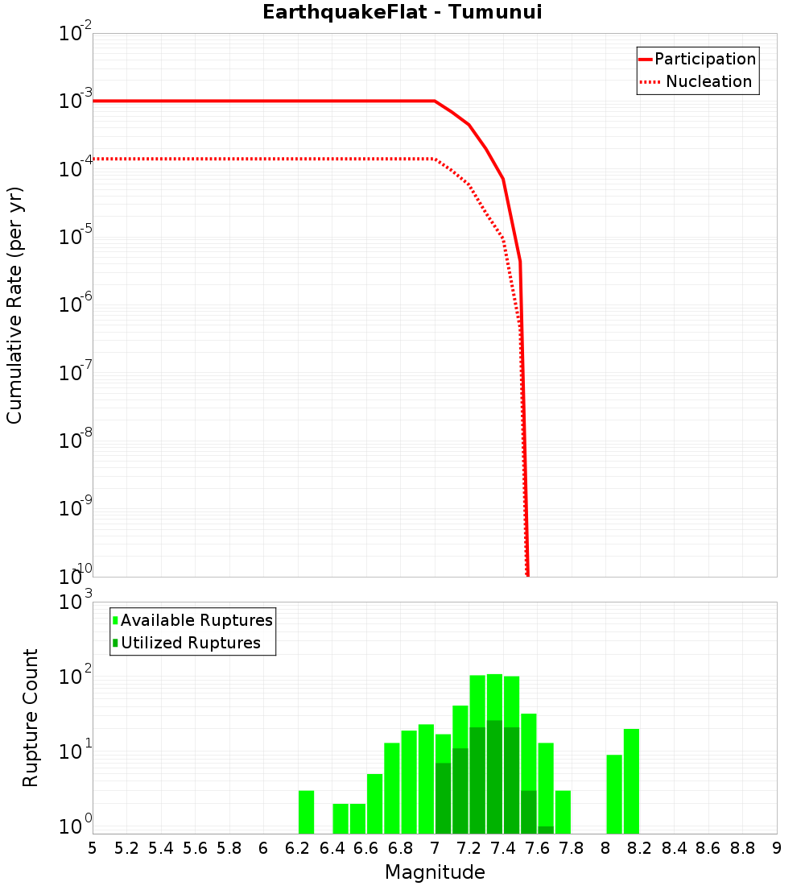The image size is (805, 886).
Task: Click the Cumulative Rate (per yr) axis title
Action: click(x=14, y=305)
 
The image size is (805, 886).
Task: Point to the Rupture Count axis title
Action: click(x=31, y=718)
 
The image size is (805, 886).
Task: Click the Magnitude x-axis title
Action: click(x=435, y=872)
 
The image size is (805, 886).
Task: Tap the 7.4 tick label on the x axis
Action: click(x=503, y=848)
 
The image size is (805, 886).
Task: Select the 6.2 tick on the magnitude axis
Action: click(x=298, y=848)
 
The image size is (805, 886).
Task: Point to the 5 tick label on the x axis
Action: click(x=93, y=848)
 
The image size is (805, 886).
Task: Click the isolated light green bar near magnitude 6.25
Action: click(x=306, y=812)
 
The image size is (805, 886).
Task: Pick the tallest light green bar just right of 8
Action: click(x=631, y=781)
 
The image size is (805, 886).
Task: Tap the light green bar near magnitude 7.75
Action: click(x=563, y=812)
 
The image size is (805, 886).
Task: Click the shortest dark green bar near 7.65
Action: click(x=546, y=830)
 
